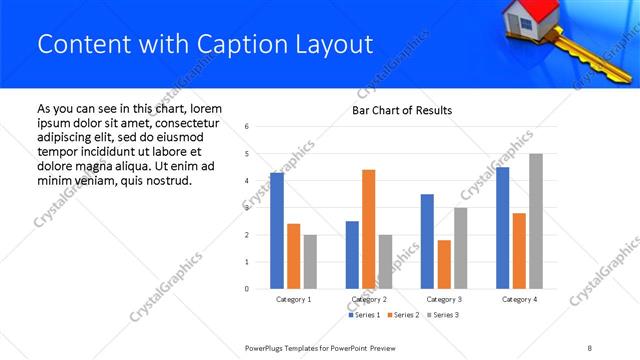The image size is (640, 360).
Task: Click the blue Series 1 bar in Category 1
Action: click(277, 231)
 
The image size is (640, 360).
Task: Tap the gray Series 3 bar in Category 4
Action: click(536, 221)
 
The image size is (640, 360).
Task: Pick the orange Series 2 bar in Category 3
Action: click(444, 264)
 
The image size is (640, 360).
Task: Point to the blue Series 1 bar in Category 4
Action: click(502, 228)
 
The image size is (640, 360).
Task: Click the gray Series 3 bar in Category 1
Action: click(310, 262)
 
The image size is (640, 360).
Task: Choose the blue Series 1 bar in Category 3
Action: click(427, 241)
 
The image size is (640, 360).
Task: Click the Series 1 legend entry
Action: click(365, 315)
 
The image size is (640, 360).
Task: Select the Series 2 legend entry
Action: click(404, 315)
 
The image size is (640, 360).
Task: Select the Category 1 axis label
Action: click(293, 299)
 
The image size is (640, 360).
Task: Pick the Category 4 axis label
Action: click(519, 299)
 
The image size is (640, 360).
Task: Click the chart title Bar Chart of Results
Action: click(402, 110)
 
